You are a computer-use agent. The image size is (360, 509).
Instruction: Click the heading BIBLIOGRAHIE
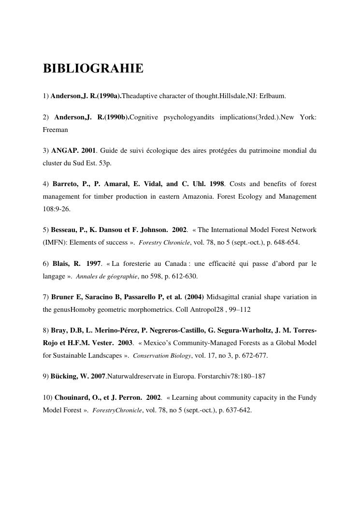(93, 69)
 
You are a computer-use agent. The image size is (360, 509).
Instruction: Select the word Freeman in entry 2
(55, 130)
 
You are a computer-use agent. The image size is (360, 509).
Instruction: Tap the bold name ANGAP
(61, 151)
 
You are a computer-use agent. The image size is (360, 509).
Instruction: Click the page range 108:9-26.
(57, 209)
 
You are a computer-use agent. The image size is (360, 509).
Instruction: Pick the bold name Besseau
(64, 230)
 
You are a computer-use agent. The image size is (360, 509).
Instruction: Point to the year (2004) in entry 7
(194, 297)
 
